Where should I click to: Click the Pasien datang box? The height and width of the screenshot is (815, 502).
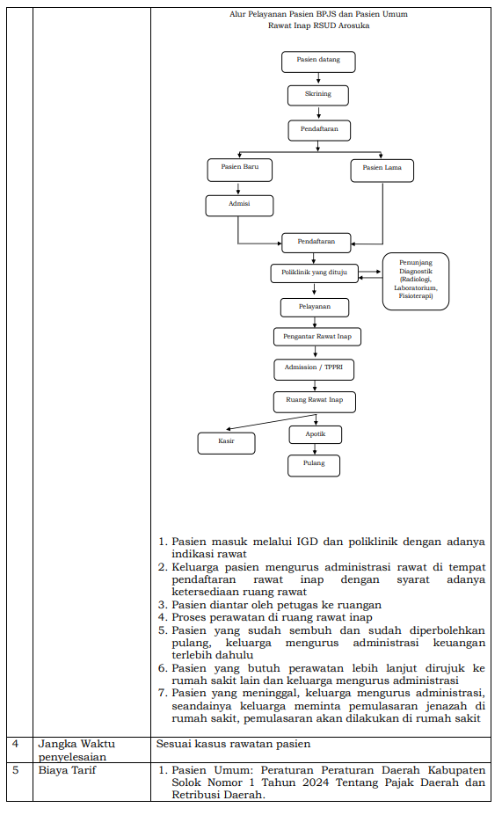[x=318, y=62]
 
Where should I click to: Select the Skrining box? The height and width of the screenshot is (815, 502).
[x=318, y=96]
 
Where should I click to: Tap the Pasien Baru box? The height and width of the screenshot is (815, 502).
[x=239, y=170]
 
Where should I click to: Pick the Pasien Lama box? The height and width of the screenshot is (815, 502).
[x=382, y=171]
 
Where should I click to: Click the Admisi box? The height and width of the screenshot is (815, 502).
[x=239, y=206]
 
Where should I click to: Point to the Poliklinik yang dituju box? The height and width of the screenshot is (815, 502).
[x=315, y=273]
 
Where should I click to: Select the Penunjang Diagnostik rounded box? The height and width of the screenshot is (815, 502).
[x=416, y=281]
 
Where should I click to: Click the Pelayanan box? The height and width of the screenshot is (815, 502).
[x=315, y=307]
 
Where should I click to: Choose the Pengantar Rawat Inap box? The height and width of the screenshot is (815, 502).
[x=317, y=337]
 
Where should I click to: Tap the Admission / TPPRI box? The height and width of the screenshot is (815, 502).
[x=314, y=369]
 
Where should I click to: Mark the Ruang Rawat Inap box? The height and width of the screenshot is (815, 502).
[x=315, y=402]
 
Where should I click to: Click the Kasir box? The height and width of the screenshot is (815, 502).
[x=226, y=443]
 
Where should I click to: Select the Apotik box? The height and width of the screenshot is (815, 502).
[x=316, y=434]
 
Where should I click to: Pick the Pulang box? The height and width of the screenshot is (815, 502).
[x=314, y=465]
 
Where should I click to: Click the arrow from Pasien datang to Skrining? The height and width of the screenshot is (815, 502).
[x=318, y=79]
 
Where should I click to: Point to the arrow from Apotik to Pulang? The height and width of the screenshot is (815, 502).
[x=315, y=449]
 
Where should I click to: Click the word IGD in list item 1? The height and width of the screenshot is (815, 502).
[x=307, y=542]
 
